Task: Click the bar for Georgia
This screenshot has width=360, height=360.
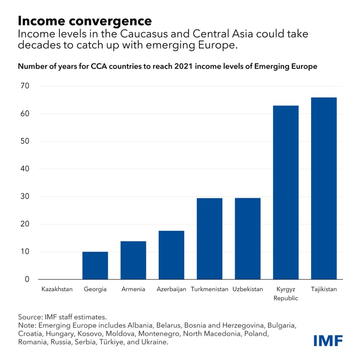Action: coord(95,265)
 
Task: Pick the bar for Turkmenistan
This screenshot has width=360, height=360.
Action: coord(209,239)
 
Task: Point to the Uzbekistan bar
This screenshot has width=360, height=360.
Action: coord(248,239)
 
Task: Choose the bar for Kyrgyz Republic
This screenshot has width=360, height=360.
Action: coord(286,192)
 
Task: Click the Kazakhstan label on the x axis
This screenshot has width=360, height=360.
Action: coord(57,289)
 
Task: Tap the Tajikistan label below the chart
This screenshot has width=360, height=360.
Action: coord(324,289)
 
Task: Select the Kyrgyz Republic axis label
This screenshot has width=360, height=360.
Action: coord(286,293)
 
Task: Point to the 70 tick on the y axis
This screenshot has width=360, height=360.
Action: coord(24,86)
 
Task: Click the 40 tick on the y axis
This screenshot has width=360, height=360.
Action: coord(24,169)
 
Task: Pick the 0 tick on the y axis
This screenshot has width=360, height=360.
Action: coord(27,279)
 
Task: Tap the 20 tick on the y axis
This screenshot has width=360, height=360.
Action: coord(24,224)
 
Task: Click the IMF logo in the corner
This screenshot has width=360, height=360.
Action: coord(328,341)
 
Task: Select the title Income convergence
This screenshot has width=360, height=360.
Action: coord(84,21)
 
